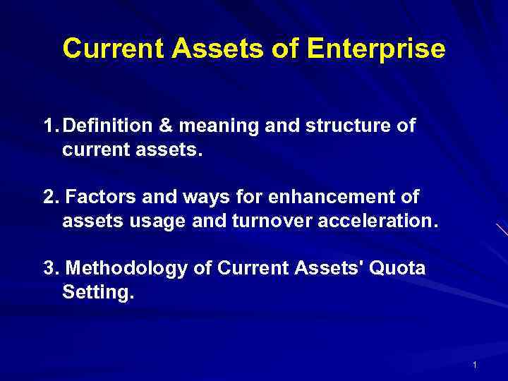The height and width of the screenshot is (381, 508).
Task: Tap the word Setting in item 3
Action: (96, 291)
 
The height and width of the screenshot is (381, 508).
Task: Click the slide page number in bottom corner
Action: (475, 365)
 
